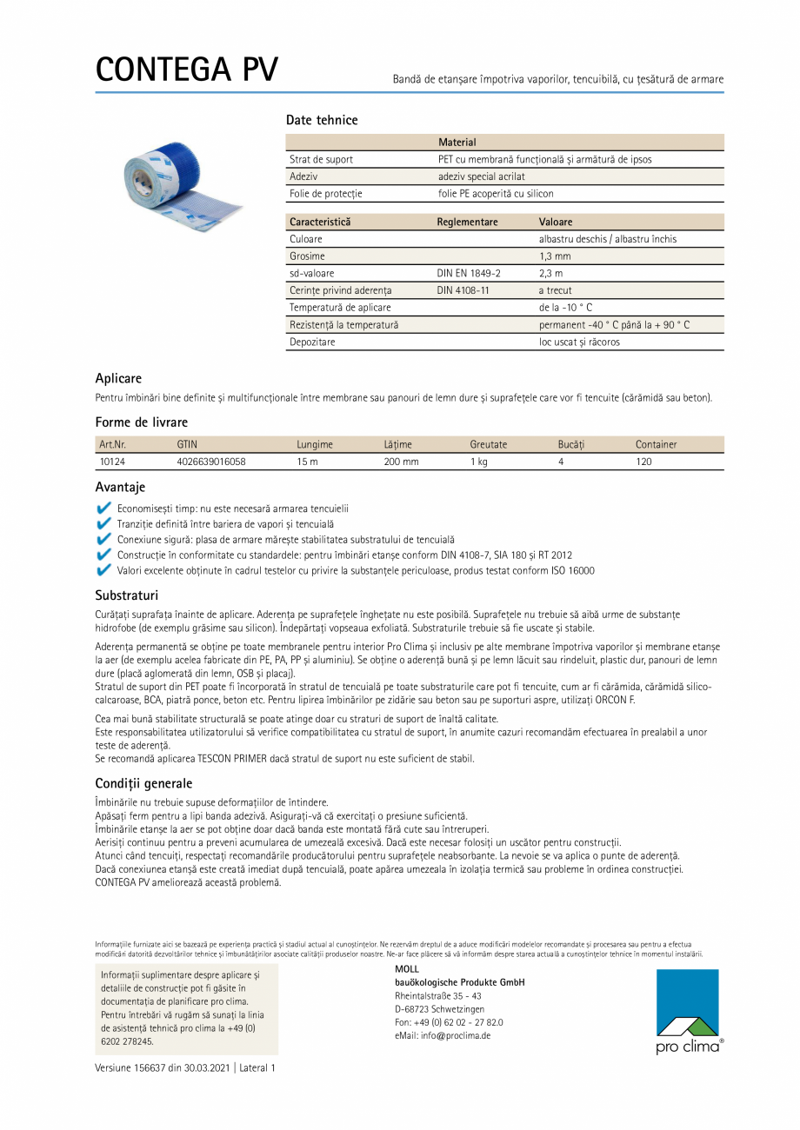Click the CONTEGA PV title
coord(186,70)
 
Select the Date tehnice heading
coord(322,120)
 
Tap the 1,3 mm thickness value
coord(555,256)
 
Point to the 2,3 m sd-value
coord(550,273)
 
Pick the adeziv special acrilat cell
coord(481,176)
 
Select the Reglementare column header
coord(467,222)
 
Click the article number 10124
coord(112,462)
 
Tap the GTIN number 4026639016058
coord(210,462)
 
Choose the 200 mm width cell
coord(401,462)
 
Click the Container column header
coord(656,444)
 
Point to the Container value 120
coord(643,462)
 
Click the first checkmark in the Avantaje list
coord(103,508)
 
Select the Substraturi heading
coord(126,595)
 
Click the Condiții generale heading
coord(143,783)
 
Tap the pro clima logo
coord(689,1011)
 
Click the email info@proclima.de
coord(443,1035)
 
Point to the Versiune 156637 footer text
coord(184,1067)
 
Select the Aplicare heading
coord(118,378)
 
